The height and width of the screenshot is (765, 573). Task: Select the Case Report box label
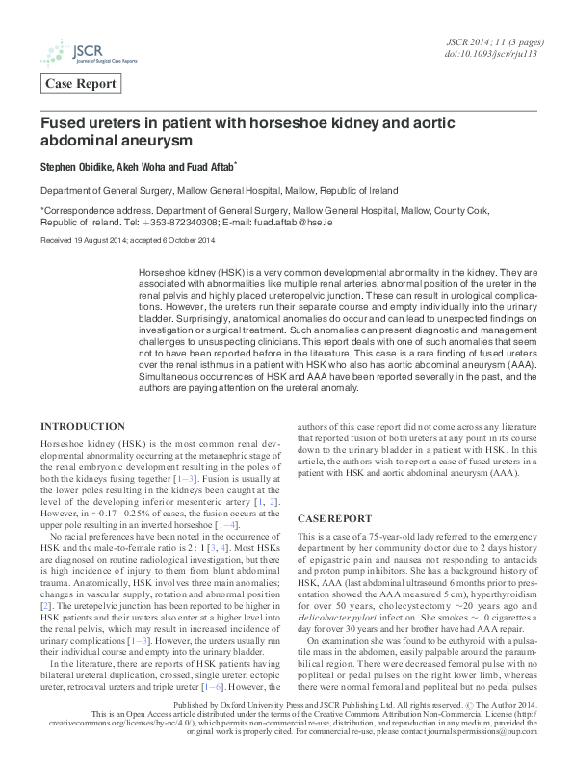pos(81,85)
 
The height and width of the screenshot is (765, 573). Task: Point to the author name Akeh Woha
pos(144,166)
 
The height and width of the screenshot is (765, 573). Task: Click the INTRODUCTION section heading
pos(95,427)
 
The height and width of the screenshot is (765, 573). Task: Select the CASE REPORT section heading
pos(334,517)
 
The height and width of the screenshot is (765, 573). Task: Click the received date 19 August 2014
pos(98,240)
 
